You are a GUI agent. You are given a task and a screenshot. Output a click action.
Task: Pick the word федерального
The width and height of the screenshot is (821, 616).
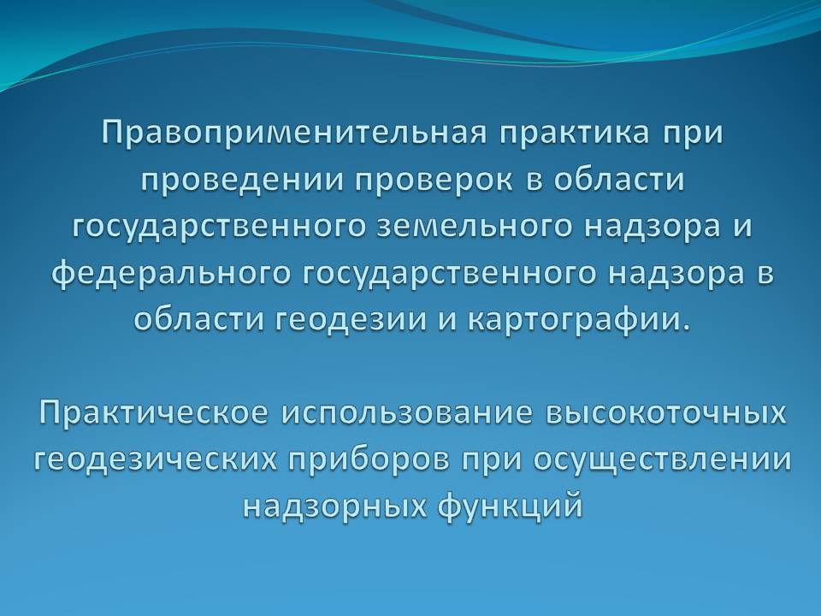point(172,274)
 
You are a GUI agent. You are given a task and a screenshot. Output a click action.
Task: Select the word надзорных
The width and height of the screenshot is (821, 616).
point(333,506)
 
